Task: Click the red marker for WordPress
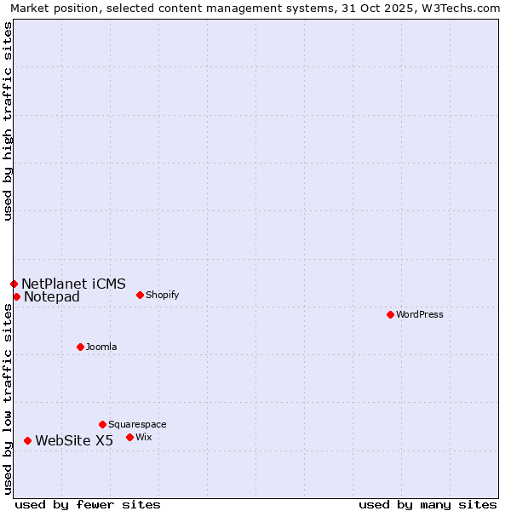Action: pos(390,314)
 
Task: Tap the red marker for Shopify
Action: pos(140,295)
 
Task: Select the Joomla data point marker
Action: pos(80,347)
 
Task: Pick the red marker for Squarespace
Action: pos(102,424)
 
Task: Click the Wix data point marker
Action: pos(129,437)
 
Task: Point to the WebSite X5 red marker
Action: pos(27,440)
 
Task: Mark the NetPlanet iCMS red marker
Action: pos(14,284)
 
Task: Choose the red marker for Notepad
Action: pos(16,296)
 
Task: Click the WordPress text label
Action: pos(420,314)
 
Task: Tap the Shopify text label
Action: pos(162,295)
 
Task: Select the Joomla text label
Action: pos(101,347)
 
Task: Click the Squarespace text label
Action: pos(137,424)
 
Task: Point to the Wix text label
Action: pos(143,437)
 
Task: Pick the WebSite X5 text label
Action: pos(74,440)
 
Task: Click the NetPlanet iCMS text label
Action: pos(73,284)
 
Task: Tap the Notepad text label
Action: pos(52,296)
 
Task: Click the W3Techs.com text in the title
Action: pos(465,9)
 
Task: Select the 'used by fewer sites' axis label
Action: pos(88,504)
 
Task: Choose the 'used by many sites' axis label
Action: pos(428,504)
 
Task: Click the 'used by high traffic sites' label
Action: pos(8,121)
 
